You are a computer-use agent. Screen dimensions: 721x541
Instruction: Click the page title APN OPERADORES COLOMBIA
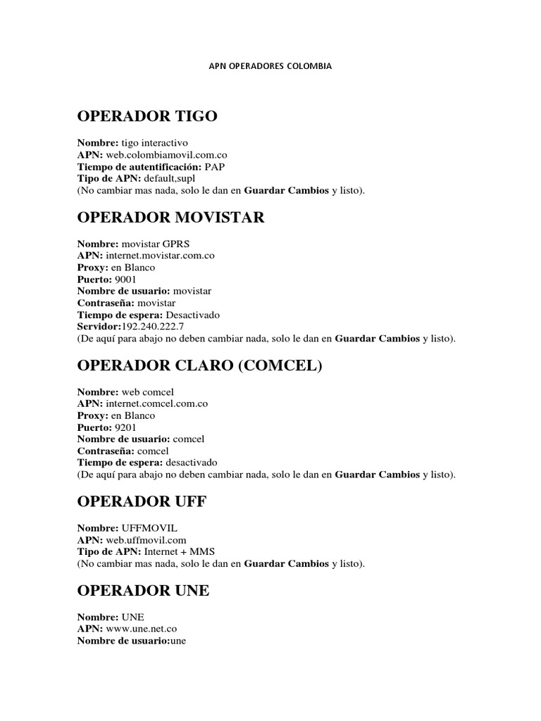[270, 66]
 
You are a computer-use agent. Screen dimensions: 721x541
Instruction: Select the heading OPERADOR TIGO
[147, 117]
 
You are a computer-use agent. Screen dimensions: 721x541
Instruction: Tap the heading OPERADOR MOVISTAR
[171, 218]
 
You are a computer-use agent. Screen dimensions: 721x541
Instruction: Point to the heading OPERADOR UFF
[142, 502]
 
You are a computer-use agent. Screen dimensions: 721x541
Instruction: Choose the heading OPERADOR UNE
[143, 591]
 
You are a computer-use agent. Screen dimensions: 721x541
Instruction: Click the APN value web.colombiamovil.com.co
[166, 154]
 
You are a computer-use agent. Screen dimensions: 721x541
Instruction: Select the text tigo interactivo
[155, 142]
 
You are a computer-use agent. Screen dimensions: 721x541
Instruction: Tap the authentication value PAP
[215, 166]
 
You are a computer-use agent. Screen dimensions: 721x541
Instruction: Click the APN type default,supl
[170, 178]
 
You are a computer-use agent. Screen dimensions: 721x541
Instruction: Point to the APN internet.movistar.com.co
[160, 256]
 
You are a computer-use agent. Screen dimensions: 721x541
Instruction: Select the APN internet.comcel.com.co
[156, 403]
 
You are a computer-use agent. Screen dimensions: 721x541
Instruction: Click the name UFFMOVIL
[145, 528]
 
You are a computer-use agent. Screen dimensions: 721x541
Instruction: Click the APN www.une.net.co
[141, 629]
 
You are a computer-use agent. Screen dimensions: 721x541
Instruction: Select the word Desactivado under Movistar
[193, 315]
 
